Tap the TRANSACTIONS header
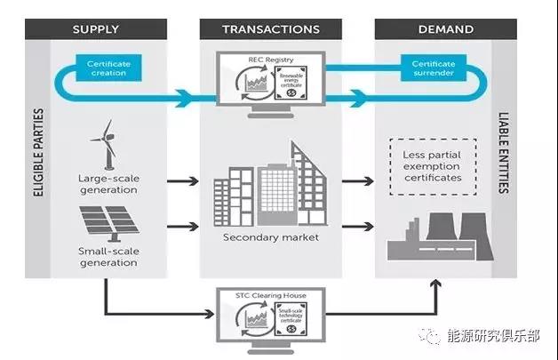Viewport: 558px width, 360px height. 271,29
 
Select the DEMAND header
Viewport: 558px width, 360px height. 443,29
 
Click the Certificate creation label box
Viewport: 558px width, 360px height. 108,68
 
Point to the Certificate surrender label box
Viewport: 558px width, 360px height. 434,68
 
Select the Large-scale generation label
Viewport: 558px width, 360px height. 108,184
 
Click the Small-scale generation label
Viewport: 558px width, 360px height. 108,258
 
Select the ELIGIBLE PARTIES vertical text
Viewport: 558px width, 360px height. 37,169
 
